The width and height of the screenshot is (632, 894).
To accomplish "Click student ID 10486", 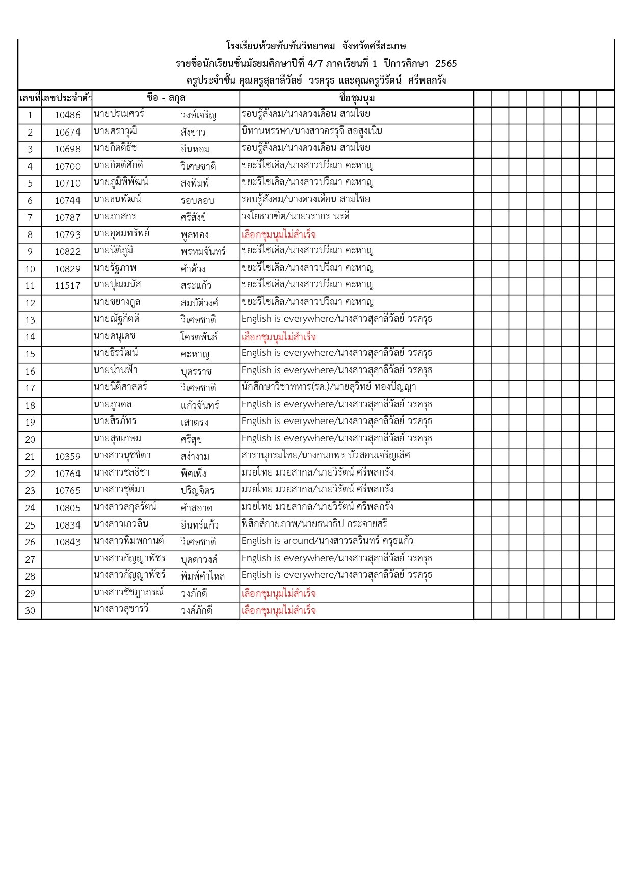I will tap(67, 115).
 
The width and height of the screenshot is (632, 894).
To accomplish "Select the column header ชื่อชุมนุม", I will tap(357, 98).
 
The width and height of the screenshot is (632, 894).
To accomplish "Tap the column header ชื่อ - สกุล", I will tap(166, 98).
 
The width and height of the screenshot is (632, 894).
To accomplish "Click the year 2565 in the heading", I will tap(446, 64).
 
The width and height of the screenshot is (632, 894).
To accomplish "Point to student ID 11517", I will tap(67, 286).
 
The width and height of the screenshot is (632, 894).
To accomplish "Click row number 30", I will tap(30, 611).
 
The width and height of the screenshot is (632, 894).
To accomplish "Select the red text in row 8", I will tap(278, 235).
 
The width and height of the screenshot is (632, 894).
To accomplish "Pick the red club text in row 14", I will tap(278, 337).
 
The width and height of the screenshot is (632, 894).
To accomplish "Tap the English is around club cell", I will tap(327, 541).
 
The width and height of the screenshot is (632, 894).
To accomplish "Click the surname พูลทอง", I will tap(195, 235).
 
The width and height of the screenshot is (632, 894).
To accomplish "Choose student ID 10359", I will tap(67, 457).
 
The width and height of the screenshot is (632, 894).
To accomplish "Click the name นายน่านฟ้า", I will tap(116, 370).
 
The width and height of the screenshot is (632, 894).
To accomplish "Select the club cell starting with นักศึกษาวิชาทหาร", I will tap(329, 387).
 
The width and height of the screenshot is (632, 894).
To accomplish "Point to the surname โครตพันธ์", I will tap(199, 337).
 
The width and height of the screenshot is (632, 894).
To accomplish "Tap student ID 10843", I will tap(67, 542).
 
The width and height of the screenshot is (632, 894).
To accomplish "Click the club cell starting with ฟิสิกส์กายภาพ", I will tap(314, 524).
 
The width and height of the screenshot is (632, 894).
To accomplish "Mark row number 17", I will tap(30, 388).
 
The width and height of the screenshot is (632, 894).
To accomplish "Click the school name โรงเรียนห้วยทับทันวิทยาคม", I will tap(281, 46).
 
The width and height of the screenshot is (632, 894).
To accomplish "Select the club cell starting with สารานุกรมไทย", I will tap(326, 455).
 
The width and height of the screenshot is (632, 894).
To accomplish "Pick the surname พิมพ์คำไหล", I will tap(202, 576).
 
